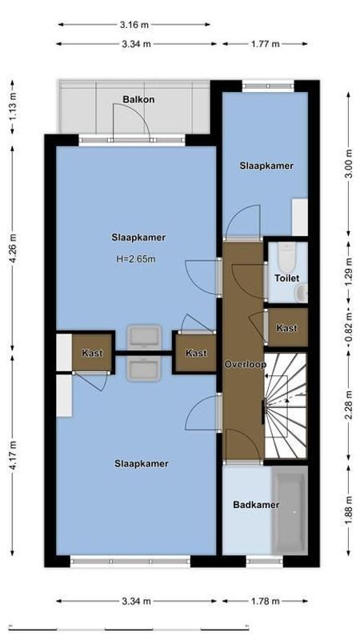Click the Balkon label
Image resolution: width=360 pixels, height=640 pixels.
click(x=138, y=100)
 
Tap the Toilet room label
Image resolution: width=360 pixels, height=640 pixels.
click(x=286, y=278)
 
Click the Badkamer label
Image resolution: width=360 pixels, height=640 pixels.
click(x=256, y=505)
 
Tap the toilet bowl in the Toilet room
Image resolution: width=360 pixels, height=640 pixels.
click(x=286, y=257)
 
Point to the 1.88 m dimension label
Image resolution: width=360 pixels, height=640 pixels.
click(x=348, y=511)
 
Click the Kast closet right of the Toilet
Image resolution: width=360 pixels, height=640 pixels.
click(x=286, y=328)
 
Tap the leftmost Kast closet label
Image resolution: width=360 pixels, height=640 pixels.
click(x=92, y=353)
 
